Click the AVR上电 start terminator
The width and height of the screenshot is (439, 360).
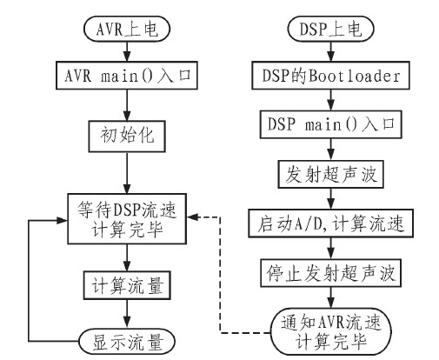click(x=128, y=27)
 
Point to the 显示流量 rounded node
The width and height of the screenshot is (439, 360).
click(x=128, y=337)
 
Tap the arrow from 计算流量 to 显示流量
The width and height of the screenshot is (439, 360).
click(x=128, y=312)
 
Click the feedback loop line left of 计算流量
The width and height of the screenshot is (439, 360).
click(x=31, y=278)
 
